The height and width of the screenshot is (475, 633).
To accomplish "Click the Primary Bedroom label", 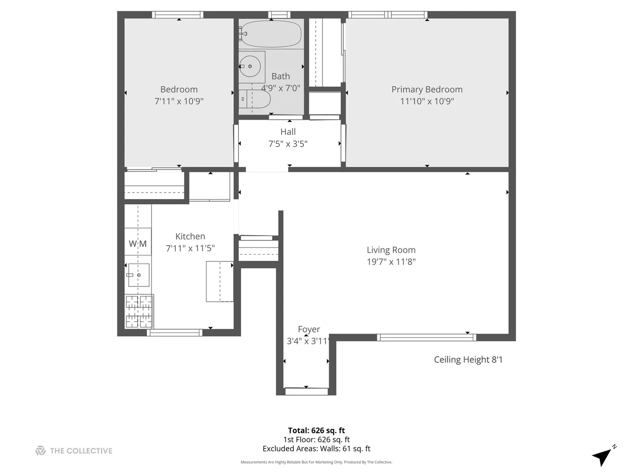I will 426,89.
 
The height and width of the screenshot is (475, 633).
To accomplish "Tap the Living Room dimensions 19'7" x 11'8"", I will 391,262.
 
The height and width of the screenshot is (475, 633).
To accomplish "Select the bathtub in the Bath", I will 270,34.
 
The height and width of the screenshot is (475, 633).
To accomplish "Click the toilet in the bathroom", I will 255,99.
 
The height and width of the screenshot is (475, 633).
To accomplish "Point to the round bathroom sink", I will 250,66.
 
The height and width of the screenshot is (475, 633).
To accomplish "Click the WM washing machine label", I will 138,244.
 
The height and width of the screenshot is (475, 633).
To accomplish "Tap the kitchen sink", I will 139,275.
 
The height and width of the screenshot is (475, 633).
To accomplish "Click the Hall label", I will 288,132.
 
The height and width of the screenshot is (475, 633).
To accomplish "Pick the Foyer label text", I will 309,329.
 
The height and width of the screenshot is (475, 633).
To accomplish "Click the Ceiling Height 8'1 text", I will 468,360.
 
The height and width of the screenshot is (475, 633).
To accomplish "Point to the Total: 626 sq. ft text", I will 316,431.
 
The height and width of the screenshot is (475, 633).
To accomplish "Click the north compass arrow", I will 602,456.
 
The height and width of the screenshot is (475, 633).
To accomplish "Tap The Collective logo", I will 74,451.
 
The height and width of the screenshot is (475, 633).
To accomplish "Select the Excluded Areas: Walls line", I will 316,448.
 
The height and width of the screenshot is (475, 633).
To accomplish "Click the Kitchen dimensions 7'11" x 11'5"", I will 190,248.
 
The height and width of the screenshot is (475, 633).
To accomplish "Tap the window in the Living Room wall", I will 426,338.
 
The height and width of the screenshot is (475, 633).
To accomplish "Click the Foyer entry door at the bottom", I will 306,391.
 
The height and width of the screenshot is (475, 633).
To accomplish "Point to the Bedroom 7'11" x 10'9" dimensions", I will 179,101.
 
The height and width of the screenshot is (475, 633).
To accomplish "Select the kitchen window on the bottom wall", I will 175,332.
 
